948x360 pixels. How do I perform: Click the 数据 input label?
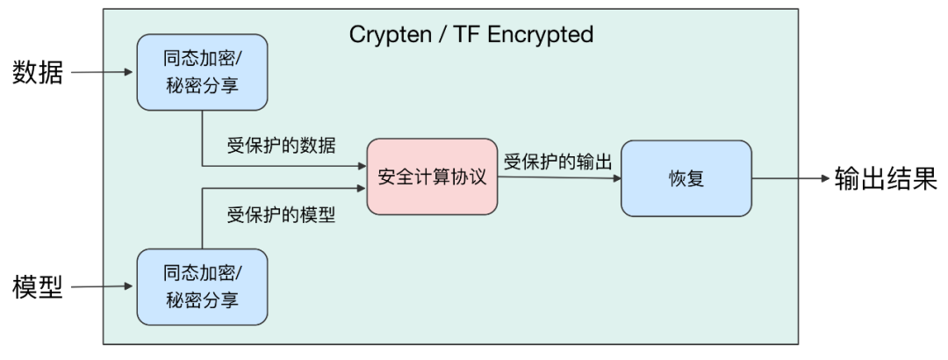(38, 73)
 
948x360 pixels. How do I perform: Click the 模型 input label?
(38, 286)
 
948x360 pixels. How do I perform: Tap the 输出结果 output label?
(886, 178)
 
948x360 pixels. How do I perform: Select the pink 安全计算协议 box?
(432, 176)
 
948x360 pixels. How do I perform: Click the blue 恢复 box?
(686, 178)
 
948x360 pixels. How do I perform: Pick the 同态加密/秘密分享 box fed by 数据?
(202, 72)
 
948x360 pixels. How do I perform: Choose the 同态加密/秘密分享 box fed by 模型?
(202, 287)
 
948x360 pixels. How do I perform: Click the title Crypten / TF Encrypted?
(471, 34)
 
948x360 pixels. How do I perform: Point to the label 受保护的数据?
(281, 146)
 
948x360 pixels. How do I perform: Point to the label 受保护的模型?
(281, 215)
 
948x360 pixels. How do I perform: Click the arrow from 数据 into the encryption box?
(102, 72)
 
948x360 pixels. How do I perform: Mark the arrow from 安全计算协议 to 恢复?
(560, 177)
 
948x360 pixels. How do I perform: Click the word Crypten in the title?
(388, 35)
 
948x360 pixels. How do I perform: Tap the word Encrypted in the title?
(540, 35)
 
